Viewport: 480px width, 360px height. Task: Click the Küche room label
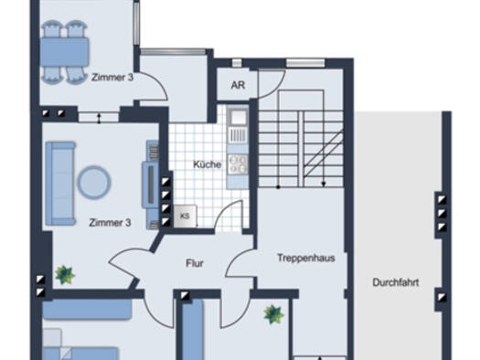point(207,164)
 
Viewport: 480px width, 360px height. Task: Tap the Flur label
point(195,263)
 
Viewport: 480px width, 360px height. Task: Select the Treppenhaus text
point(306,258)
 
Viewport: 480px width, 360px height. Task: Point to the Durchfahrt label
point(396,282)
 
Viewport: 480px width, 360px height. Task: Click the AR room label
point(238,85)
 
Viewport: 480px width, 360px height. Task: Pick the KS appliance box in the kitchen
point(186,216)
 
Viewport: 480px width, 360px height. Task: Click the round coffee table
point(94,183)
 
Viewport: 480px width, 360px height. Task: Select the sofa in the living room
point(60,184)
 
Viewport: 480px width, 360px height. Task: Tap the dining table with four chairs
point(65,52)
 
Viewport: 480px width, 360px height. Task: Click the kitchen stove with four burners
point(238,164)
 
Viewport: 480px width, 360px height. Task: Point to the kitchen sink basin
point(238,117)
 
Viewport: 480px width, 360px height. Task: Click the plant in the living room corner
point(65,275)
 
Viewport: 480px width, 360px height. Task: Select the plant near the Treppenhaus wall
point(273,314)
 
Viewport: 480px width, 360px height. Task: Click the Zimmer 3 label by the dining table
point(112,77)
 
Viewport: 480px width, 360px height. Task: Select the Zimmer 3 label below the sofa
point(110,222)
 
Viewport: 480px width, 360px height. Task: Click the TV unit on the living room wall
point(151,185)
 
